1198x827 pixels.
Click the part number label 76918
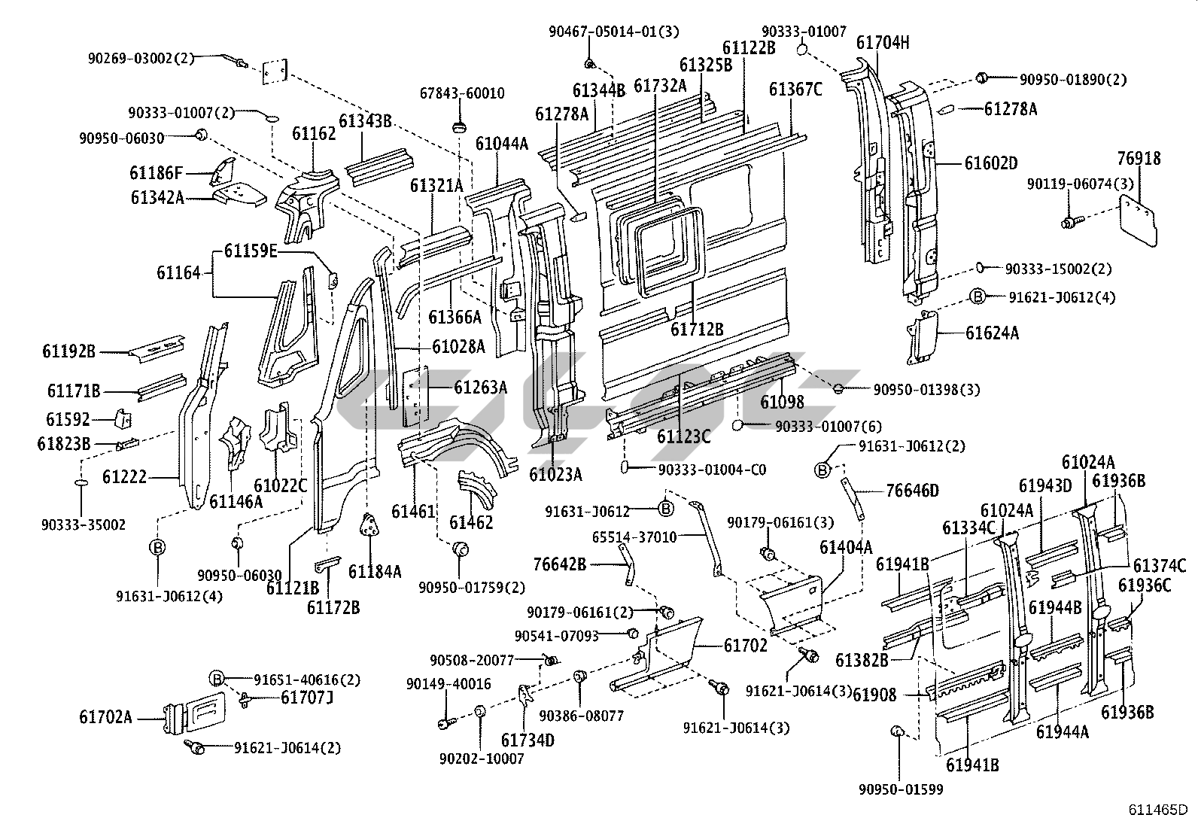[x=1139, y=159]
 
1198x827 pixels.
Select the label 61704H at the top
[x=882, y=43]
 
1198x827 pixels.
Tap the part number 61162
[x=314, y=134]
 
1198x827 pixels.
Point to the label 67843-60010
[x=462, y=93]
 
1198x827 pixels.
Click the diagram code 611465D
[x=1157, y=810]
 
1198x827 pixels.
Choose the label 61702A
[x=105, y=717]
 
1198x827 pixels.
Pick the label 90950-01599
[x=900, y=789]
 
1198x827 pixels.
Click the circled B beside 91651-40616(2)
[x=217, y=679]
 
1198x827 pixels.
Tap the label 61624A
[x=992, y=333]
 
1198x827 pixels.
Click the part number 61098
[x=782, y=402]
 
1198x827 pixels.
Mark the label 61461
[x=413, y=512]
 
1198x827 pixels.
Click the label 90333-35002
[x=84, y=524]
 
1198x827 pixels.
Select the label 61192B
[x=69, y=351]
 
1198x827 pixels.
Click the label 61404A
[x=845, y=547]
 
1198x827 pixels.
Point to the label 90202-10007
[x=482, y=759]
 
